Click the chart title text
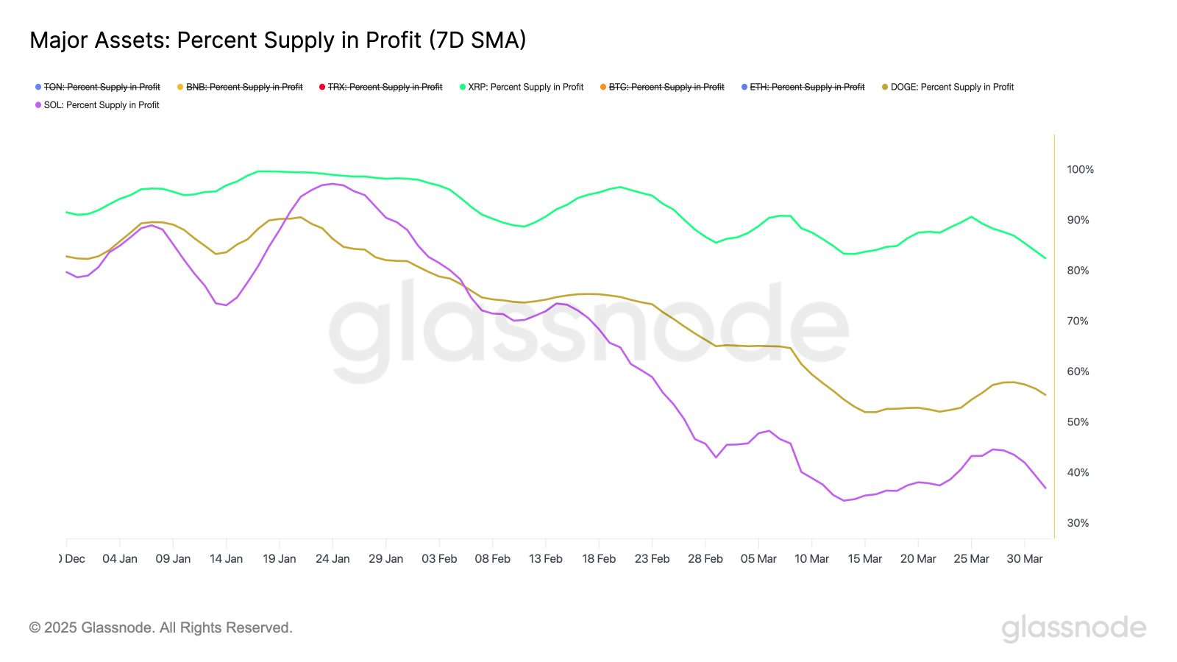point(277,40)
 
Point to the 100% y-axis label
point(1080,169)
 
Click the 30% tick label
point(1078,523)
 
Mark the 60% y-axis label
point(1078,371)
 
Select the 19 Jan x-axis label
point(279,559)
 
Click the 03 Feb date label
point(439,559)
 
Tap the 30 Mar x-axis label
point(1024,559)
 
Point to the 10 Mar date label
point(811,559)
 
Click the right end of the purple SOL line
point(1045,488)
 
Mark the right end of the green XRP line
point(1045,257)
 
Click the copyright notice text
point(160,627)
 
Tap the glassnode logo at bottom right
point(1073,628)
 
